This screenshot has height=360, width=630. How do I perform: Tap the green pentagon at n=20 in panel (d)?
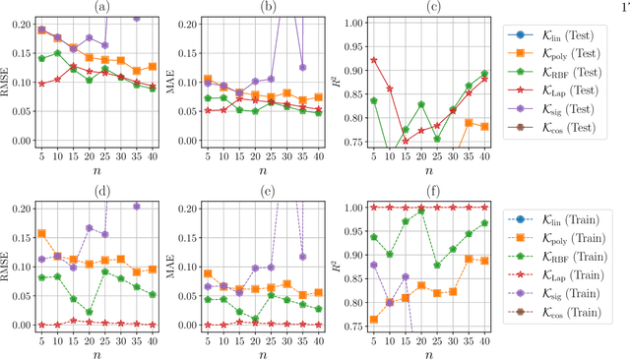point(90,312)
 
